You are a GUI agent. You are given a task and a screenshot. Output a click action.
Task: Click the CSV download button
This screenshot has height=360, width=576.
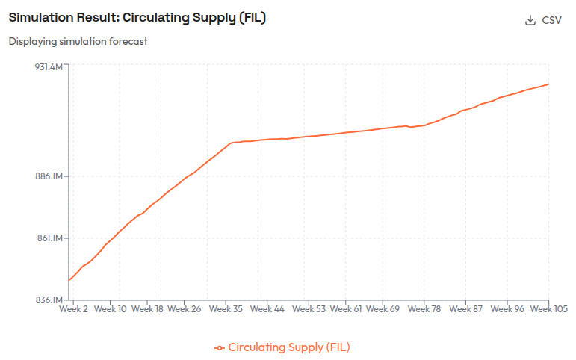click(544, 20)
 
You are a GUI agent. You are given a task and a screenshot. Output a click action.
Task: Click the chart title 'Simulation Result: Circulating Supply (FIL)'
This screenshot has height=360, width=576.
click(137, 18)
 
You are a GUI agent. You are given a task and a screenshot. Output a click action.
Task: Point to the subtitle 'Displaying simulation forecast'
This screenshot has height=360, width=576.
click(78, 41)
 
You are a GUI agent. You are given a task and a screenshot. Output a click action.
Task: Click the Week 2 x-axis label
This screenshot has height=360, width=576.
click(74, 308)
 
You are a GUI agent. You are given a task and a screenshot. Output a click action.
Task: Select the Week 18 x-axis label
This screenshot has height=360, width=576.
click(147, 308)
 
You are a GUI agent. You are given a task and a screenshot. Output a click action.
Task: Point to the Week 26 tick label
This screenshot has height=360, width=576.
click(185, 308)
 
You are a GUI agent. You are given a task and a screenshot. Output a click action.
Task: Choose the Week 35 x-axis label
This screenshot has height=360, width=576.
click(226, 308)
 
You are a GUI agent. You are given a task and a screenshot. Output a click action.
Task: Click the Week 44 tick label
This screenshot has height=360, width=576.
click(267, 308)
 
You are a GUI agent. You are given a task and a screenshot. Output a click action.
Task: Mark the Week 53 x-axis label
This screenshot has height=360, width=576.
click(309, 308)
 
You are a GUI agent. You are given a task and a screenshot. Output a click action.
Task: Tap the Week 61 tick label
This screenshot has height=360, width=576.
click(346, 308)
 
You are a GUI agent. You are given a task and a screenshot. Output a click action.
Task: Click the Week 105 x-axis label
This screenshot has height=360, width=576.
click(551, 308)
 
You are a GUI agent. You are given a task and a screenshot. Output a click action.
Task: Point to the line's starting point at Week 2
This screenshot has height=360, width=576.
click(69, 281)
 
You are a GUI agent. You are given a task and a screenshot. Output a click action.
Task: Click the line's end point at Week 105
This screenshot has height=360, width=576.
click(549, 84)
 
